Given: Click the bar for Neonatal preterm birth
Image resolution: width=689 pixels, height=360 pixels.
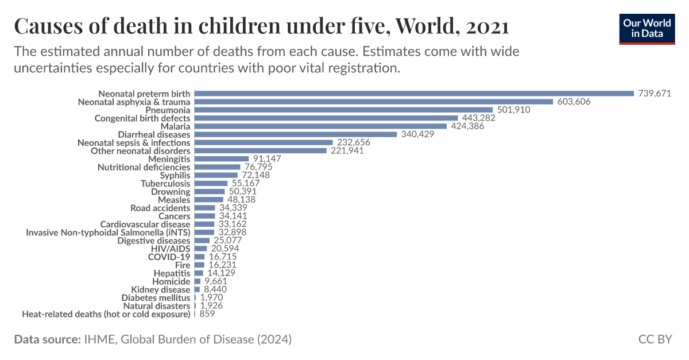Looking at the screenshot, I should (414, 94).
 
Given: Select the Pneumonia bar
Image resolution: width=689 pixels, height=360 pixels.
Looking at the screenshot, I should (343, 110).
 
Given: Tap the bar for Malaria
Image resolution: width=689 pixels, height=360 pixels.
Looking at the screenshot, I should (320, 126).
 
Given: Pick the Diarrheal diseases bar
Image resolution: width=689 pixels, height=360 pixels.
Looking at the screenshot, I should (296, 134).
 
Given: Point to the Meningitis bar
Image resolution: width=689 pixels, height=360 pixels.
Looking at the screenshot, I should (222, 159).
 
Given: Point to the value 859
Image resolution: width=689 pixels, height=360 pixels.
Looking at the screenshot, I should (208, 315).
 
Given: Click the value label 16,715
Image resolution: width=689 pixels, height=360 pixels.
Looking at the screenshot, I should (222, 257).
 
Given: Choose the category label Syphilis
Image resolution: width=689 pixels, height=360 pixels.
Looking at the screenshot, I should (175, 175).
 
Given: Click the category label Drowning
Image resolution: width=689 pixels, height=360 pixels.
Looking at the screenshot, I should (171, 192).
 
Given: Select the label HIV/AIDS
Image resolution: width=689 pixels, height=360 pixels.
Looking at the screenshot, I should (170, 249).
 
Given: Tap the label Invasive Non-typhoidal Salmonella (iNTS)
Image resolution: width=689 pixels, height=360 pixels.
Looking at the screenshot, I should (108, 233).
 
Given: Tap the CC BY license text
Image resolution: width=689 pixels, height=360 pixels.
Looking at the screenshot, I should (655, 339).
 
